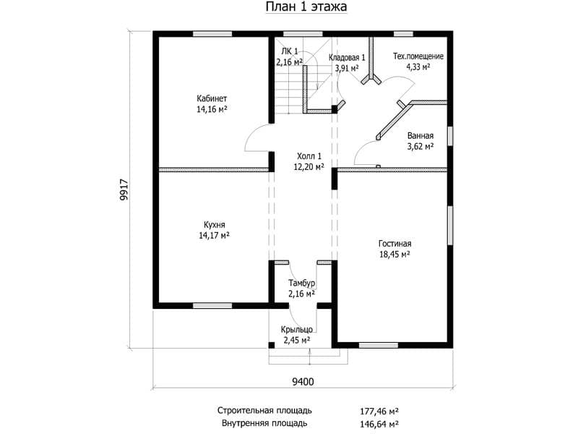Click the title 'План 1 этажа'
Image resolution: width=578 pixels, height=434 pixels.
point(306,7)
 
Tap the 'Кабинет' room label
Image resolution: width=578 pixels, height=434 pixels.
point(212,98)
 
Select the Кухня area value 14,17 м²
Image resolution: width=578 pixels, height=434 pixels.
point(214,236)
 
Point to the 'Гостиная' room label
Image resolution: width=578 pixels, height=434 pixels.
point(394,244)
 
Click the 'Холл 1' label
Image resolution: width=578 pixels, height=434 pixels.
point(309,156)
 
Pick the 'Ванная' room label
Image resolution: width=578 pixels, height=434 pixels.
point(420,136)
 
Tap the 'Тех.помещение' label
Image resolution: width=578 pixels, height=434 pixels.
point(418,56)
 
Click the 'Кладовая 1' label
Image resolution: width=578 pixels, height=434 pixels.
point(347,58)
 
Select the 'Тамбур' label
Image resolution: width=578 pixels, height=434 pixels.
point(301,283)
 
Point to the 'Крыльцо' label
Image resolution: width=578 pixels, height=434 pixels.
point(297,330)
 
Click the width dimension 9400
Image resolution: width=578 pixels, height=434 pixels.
point(303,382)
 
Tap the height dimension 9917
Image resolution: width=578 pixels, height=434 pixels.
point(124,190)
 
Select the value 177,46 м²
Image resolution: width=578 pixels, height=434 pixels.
point(379,411)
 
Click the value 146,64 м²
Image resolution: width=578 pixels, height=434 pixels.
point(379,424)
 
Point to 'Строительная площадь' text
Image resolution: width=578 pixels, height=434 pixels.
point(264,410)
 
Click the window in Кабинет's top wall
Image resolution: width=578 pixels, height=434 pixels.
point(212,34)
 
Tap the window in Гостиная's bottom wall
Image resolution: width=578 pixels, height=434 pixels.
point(379,346)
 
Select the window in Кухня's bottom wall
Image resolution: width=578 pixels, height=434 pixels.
point(212,305)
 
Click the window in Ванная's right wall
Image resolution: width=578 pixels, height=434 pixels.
point(450,136)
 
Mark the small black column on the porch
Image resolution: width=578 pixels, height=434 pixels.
point(272,346)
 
